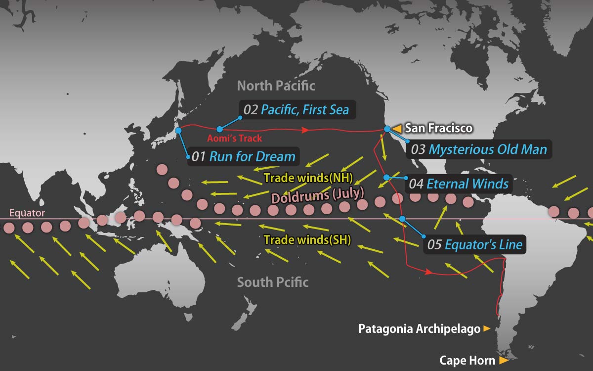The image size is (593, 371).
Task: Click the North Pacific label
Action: (x=276, y=86)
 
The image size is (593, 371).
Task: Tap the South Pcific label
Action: (x=273, y=282)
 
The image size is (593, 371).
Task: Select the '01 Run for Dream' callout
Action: (x=244, y=157)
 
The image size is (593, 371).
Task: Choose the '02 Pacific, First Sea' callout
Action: (x=296, y=109)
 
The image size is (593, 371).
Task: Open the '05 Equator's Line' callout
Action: (x=474, y=244)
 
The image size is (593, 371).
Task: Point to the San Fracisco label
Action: (x=438, y=128)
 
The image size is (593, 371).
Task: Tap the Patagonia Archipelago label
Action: (x=420, y=329)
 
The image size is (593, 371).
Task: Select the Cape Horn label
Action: (x=468, y=361)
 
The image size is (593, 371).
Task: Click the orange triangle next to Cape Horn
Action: (x=504, y=361)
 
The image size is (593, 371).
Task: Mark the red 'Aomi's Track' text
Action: (x=235, y=139)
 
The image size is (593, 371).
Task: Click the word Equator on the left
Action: (x=27, y=214)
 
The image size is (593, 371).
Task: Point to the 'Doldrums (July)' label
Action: (x=317, y=194)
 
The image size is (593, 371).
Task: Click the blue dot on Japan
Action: (x=179, y=131)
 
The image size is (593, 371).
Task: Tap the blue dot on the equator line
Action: (x=402, y=219)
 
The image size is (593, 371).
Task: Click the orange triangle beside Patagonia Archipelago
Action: (x=487, y=328)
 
